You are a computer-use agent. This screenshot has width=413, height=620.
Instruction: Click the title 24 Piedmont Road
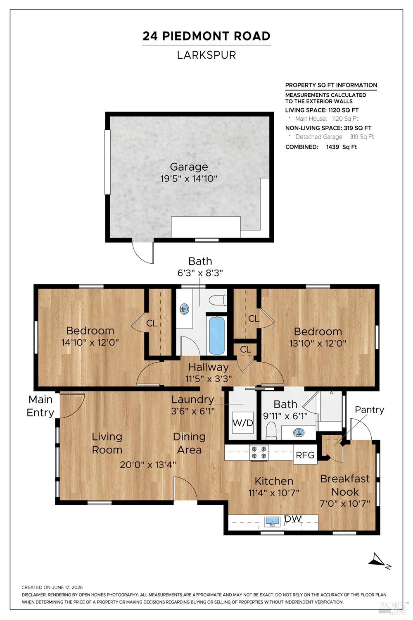point(206,36)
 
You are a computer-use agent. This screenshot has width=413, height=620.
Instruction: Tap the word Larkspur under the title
point(206,55)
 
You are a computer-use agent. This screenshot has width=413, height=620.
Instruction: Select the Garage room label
point(189,167)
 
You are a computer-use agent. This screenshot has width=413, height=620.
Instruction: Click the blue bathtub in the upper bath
point(216,335)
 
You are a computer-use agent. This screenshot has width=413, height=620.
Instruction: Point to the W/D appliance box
point(242,423)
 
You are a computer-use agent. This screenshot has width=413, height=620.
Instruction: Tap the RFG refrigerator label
point(305,455)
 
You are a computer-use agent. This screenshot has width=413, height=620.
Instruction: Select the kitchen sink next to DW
point(272,522)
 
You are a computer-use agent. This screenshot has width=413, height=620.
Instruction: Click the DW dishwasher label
point(293,518)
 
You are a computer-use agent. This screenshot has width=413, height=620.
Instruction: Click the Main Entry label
point(40,406)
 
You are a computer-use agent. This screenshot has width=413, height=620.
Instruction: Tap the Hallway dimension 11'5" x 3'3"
point(209,378)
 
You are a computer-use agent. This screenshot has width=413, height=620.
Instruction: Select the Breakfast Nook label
point(345,485)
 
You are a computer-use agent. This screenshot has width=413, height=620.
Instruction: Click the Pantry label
point(369,410)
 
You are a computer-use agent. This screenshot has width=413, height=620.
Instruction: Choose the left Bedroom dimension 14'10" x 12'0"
point(90,342)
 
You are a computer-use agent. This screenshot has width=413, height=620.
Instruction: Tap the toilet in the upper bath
point(218,300)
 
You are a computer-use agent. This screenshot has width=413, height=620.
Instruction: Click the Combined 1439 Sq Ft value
point(342,147)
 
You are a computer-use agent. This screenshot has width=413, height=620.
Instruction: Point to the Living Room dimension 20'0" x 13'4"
point(148,465)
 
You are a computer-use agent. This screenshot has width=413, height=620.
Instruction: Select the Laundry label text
point(192,399)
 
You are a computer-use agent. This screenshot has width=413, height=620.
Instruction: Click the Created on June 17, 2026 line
point(52,587)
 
